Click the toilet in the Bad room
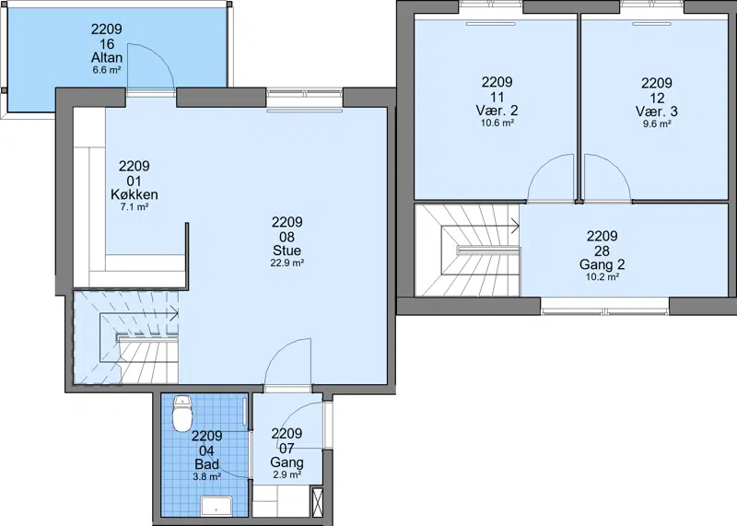coord(181,414)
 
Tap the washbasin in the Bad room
coord(216,506)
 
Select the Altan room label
coord(107,58)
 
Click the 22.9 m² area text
coord(287,263)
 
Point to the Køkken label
coord(135,194)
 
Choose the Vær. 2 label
coord(497,111)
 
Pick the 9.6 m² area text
coord(657,124)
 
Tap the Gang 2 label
coord(602,264)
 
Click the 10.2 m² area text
coord(602,277)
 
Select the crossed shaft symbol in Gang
coord(317,502)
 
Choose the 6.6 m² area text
coord(107,71)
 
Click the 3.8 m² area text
coord(206,476)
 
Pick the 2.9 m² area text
coord(287,474)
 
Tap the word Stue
coord(287,250)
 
